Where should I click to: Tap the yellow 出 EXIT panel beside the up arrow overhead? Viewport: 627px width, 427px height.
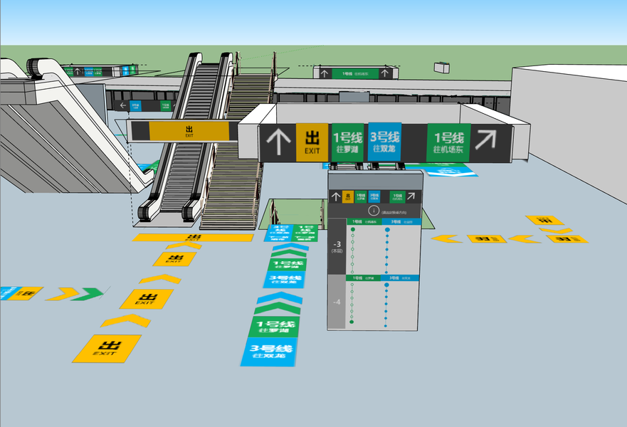point(312,142)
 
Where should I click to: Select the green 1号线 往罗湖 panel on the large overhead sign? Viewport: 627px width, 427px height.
point(348,142)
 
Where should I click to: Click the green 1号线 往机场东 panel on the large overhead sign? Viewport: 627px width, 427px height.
point(448,142)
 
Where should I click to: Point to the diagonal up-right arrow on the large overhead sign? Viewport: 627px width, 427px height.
point(486,140)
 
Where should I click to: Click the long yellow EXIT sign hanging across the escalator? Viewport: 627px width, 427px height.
point(189,131)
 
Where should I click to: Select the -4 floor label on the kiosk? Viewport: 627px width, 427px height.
point(336,302)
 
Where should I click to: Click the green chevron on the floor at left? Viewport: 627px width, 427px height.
point(90,293)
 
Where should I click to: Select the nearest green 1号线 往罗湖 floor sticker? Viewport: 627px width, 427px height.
point(273,327)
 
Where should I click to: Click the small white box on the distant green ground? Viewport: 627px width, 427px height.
point(442,67)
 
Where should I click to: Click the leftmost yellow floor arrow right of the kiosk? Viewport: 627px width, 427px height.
point(447,238)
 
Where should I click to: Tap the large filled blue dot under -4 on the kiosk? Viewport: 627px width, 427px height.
point(386,285)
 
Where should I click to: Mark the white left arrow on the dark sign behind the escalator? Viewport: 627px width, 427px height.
point(123,105)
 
